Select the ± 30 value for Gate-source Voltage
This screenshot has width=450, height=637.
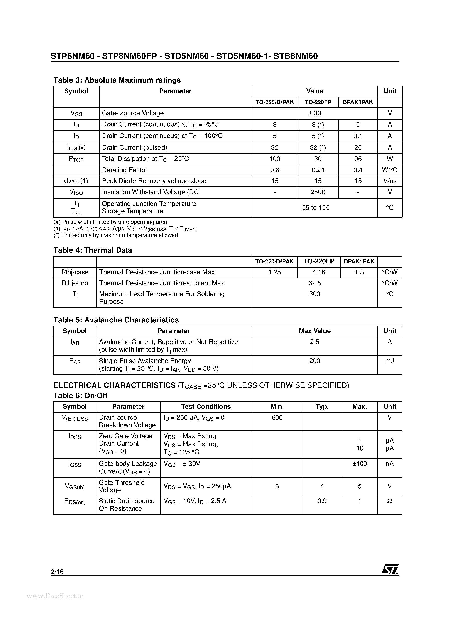tap(315, 113)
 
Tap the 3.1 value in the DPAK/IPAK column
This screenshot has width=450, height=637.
tap(358, 136)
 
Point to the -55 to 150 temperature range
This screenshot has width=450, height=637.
tap(315, 208)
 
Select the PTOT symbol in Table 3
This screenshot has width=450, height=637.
tap(76, 159)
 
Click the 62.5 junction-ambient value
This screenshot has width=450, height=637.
tap(315, 283)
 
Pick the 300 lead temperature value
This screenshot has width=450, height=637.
tap(314, 294)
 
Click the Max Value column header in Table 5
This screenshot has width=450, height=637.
tap(315, 331)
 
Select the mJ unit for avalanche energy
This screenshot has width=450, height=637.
tap(389, 361)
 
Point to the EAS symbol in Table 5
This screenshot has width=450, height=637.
tap(75, 361)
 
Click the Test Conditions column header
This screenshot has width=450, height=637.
tap(206, 407)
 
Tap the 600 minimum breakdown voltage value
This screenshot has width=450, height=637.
tap(277, 418)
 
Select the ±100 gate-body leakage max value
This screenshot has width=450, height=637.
tap(360, 464)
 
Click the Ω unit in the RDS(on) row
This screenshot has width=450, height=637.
tap(389, 501)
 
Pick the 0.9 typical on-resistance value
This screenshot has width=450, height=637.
tap(322, 501)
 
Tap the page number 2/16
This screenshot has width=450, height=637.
tap(57, 572)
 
